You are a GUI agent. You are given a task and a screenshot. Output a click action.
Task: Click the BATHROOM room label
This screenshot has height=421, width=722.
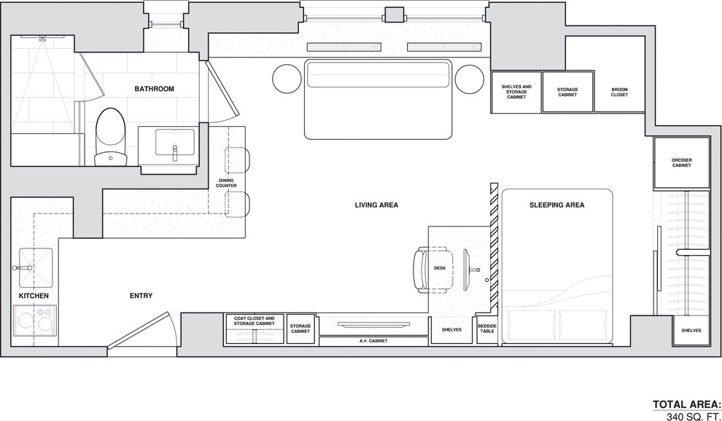[155, 89]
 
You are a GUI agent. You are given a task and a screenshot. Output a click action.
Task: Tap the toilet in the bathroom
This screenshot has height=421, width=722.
[111, 137]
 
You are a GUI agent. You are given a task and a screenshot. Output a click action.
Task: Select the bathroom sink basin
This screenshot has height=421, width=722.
[174, 142]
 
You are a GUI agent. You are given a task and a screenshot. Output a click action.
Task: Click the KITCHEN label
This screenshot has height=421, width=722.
[34, 296]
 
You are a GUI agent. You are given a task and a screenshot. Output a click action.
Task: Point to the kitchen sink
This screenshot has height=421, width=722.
[36, 268]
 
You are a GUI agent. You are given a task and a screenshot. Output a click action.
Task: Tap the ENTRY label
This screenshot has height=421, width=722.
[141, 296]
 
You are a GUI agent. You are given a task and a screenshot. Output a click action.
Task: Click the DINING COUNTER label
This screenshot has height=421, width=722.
[226, 183]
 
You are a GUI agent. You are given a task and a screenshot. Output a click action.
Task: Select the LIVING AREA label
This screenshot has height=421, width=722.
[376, 205]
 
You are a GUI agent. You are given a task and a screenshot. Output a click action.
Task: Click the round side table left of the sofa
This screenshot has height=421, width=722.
[287, 79]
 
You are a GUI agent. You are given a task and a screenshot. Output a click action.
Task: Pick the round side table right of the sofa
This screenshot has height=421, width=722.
[470, 79]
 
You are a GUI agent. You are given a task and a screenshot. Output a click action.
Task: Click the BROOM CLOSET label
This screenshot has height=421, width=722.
[619, 92]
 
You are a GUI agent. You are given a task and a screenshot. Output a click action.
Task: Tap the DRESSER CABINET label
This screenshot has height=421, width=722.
[681, 163]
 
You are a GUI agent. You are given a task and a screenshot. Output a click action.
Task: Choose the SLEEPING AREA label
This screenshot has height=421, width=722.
[556, 205]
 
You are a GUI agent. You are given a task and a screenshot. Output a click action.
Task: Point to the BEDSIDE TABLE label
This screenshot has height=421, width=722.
[486, 328]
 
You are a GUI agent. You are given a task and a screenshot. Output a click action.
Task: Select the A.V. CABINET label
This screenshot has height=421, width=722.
[373, 341]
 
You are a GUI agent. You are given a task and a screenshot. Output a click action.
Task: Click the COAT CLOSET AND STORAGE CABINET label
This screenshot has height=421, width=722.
[255, 320]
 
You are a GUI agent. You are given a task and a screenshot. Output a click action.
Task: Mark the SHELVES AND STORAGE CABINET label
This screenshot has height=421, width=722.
[516, 92]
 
